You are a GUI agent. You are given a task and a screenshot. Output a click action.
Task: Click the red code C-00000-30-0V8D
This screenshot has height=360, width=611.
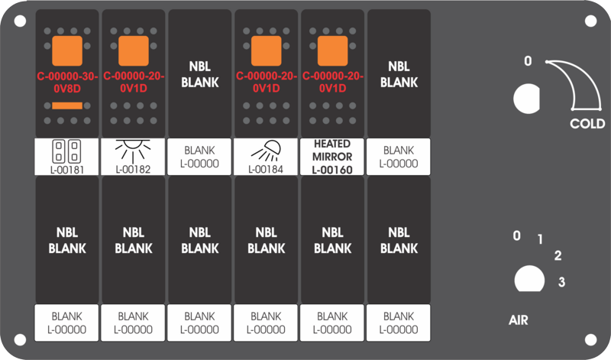point(67,83)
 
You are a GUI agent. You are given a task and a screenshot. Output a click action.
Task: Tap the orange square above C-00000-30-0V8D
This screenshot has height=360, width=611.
point(67,51)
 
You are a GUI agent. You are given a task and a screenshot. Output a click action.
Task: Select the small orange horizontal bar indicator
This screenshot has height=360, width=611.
point(67,105)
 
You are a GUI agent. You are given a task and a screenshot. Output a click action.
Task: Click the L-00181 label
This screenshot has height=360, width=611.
point(67,170)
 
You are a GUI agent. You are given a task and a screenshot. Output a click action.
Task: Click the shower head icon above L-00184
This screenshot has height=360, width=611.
point(266,151)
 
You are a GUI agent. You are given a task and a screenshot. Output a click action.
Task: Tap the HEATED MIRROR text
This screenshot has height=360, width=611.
point(332,150)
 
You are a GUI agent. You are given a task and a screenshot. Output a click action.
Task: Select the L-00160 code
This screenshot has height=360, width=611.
point(332,170)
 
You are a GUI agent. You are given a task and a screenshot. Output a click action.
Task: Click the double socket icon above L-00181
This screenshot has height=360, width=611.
point(66,151)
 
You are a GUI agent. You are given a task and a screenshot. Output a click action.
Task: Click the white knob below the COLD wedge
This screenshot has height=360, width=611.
point(526,99)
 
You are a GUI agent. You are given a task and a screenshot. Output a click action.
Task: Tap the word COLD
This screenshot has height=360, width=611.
point(587,124)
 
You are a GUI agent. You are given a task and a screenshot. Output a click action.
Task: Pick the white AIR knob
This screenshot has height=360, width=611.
point(529,279)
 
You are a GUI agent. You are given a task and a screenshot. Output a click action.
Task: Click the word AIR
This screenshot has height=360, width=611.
point(519,320)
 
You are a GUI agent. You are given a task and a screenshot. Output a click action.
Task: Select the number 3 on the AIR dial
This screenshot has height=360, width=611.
point(561,281)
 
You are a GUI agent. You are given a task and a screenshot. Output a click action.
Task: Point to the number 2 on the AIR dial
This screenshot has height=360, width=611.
point(558,255)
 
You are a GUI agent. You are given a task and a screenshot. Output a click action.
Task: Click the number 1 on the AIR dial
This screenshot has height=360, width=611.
point(540,239)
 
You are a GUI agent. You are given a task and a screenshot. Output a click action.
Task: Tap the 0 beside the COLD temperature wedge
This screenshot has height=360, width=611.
point(528,61)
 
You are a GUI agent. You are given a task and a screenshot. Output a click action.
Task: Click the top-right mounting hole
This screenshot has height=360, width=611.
point(590,21)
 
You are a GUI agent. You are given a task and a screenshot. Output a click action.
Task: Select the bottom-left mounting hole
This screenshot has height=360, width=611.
point(21,339)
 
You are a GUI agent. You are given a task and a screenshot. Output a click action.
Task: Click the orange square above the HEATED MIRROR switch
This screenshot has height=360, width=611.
point(333,51)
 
